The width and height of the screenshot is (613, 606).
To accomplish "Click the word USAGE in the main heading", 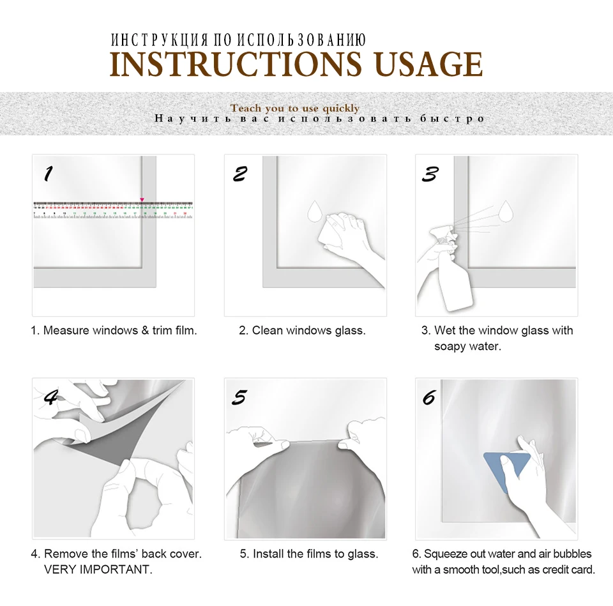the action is [429, 64].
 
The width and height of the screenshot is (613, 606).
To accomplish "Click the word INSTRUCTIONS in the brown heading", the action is [236, 64].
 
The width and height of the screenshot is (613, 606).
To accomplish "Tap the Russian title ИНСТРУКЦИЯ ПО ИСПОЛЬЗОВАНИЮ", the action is [238, 40].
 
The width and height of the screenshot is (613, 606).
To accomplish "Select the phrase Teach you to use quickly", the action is [295, 108].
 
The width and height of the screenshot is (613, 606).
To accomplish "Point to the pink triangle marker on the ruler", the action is [142, 200].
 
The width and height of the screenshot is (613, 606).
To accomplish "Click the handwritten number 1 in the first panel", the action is [48, 174].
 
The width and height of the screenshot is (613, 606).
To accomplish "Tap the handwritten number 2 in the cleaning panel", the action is [239, 174].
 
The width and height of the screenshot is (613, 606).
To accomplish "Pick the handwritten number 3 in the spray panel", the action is [430, 174].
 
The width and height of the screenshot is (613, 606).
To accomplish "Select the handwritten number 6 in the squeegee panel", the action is [429, 398].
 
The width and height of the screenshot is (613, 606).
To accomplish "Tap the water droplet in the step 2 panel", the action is [314, 211].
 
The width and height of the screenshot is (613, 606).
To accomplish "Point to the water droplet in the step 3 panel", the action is [506, 211].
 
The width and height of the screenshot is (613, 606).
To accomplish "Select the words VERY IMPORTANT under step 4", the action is [98, 569].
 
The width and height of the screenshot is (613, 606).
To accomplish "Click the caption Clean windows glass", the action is [308, 330].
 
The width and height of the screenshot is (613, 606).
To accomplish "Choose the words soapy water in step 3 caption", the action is [467, 346].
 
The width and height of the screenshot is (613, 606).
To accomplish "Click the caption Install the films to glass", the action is [315, 554].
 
